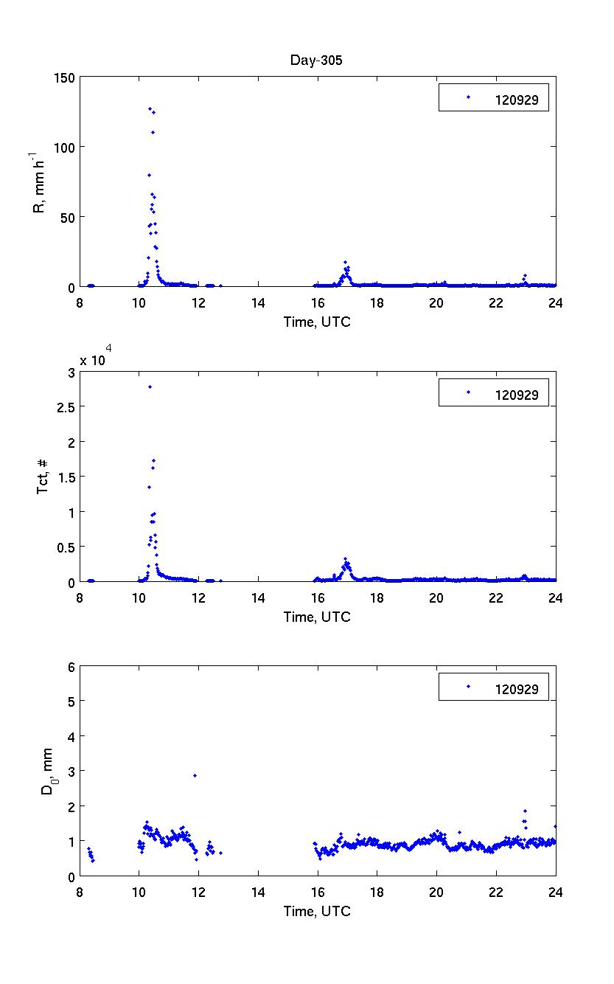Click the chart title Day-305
pos(315,61)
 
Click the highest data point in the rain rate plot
pos(150,109)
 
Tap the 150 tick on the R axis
pos(65,77)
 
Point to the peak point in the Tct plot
pos(150,387)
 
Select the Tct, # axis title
pos(43,477)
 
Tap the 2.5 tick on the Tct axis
pos(64,407)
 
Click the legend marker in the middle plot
pos(469,392)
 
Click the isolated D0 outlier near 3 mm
pos(195,775)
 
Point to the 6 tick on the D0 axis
pos(70,666)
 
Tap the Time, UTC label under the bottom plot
pos(317,912)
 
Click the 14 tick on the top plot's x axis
pos(258,302)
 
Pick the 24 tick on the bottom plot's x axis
pos(556,891)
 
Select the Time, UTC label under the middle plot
pos(317,617)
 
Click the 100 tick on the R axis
pos(65,148)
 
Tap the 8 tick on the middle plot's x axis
pos(80,597)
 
